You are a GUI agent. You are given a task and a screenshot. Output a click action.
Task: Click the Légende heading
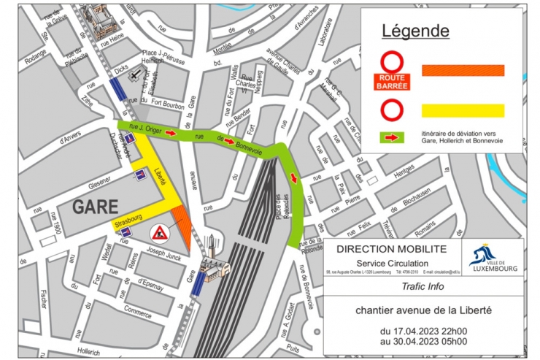[x=416, y=31]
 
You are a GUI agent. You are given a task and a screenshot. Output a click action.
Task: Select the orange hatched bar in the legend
[x=463, y=70]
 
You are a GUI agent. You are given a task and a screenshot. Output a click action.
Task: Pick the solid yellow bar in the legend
[x=463, y=110]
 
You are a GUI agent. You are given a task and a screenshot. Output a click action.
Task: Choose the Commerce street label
[x=138, y=310]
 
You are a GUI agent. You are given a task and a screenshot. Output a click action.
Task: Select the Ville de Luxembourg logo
[x=493, y=258]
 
